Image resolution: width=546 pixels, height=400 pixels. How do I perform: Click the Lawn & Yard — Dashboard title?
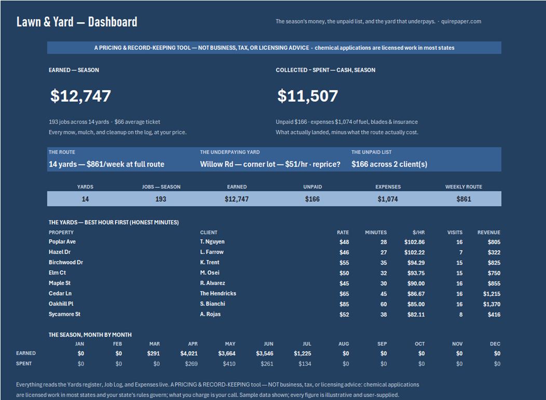click(77, 22)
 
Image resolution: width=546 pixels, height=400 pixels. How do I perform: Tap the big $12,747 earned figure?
click(81, 96)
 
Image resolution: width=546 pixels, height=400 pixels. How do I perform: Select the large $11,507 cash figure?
click(308, 96)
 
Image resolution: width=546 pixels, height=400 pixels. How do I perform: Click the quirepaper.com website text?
click(461, 21)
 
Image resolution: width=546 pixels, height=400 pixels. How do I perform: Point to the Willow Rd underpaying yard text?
click(270, 164)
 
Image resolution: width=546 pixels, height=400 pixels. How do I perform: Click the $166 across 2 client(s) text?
click(389, 164)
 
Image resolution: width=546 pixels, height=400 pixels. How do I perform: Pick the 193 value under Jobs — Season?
click(160, 199)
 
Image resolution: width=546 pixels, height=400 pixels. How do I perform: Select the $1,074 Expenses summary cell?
click(388, 199)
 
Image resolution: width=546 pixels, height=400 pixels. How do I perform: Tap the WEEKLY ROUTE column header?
click(463, 187)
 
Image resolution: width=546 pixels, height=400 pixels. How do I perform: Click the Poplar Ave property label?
click(62, 242)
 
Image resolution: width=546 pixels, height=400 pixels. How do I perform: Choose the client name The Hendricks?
click(218, 294)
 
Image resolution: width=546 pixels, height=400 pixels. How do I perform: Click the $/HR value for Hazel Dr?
click(414, 252)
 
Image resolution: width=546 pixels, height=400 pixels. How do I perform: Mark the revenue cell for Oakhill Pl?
click(492, 304)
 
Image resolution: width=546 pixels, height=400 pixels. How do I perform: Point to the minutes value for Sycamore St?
click(384, 315)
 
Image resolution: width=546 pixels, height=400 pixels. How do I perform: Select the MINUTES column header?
click(376, 232)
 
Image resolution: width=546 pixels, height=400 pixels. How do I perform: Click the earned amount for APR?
click(189, 354)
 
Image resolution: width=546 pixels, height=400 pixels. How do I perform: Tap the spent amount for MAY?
click(229, 364)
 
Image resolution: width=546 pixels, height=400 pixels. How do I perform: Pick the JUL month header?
click(307, 344)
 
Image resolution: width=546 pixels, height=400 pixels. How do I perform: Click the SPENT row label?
click(24, 364)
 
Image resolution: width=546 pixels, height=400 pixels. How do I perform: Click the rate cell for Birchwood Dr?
click(344, 263)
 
